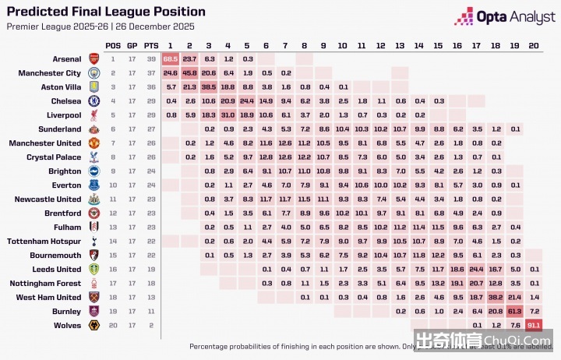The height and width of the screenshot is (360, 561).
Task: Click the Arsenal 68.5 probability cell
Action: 171,59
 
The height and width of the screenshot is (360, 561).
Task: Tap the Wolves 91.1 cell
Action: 533,325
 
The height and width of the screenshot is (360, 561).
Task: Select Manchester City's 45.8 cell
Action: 189,73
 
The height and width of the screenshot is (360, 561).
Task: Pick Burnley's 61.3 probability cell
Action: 514,311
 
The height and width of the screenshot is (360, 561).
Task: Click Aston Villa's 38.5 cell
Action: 208,87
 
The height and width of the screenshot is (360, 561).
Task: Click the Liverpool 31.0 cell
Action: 228,115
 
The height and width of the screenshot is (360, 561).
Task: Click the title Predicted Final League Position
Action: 106,12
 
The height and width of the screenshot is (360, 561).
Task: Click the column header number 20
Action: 533,45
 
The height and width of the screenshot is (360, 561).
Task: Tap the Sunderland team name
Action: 56,129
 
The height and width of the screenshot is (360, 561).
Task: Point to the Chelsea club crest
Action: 92,101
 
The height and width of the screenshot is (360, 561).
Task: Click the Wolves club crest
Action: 92,325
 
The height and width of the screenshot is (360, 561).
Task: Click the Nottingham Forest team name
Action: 48,283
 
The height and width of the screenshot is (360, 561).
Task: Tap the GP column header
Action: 132,45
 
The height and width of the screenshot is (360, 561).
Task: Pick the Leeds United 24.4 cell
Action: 476,269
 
